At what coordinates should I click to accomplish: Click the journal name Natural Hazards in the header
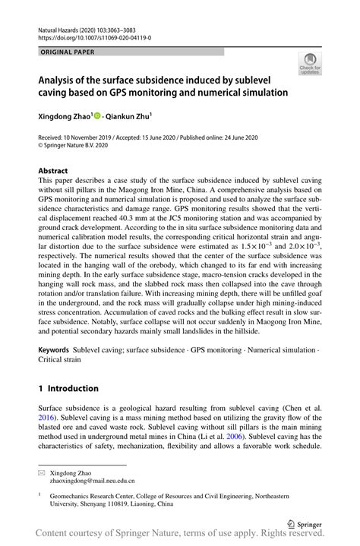(x=62, y=27)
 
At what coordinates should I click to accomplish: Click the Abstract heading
(x=53, y=172)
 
